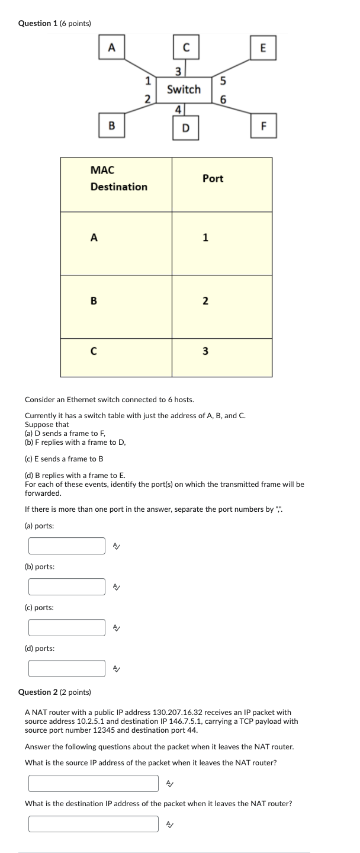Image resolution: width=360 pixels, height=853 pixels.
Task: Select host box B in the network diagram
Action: pos(112,126)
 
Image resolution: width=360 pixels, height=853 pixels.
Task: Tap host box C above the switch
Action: pos(186,48)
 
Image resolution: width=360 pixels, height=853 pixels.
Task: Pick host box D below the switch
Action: pos(186,127)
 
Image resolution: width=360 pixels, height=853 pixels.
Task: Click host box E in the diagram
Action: pos(263,48)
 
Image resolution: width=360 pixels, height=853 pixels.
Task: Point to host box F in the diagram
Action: pos(263,126)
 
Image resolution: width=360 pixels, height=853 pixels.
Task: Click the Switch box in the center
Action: pos(184,89)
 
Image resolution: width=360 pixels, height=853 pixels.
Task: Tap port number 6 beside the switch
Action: pos(223,99)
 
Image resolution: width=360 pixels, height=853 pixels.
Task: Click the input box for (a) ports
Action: pos(67,546)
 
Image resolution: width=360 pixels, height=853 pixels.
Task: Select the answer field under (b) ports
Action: pos(67,586)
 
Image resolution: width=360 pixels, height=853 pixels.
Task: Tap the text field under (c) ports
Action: pos(67,627)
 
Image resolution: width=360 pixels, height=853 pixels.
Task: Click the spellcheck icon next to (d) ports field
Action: pos(117,668)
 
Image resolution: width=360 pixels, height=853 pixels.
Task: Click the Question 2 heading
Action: pos(54,692)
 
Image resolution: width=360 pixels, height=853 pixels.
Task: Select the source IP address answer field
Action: pos(94,783)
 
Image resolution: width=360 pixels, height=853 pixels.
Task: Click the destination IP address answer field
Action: pos(94,824)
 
